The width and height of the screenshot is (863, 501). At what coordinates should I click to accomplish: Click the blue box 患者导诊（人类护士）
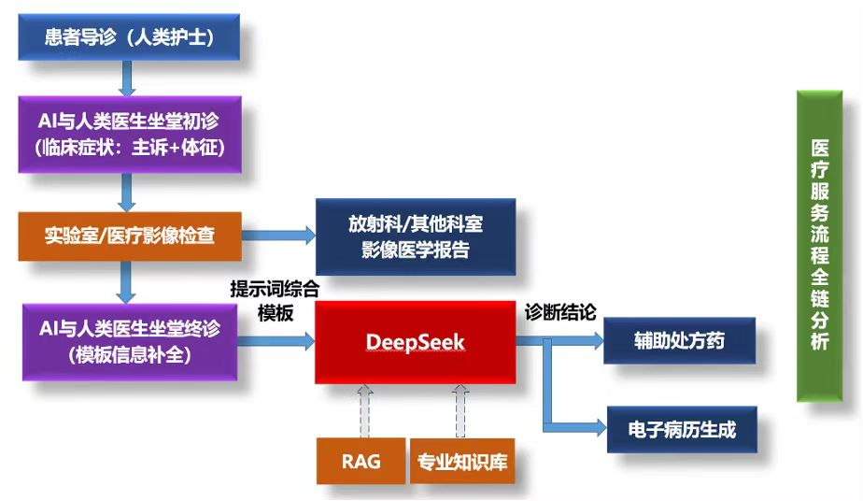point(130,37)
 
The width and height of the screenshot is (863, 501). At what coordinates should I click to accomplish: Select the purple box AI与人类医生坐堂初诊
point(130,135)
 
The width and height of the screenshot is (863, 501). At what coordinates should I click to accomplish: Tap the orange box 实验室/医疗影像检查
point(130,234)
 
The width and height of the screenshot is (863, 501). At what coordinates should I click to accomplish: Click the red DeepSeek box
point(415,343)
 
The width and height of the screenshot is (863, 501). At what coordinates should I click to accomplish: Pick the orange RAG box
point(361,461)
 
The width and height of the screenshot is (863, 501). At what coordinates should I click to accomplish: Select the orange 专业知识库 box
point(462,461)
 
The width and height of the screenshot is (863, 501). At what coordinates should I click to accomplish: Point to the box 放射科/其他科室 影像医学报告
point(416,237)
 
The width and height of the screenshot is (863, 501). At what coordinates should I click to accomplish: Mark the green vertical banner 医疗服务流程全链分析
point(819,246)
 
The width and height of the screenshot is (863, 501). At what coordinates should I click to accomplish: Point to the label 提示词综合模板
point(276,301)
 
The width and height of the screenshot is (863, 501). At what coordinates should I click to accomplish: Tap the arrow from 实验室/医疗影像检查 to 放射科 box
point(277,236)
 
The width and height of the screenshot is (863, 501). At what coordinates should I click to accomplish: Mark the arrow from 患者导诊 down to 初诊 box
point(129,77)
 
